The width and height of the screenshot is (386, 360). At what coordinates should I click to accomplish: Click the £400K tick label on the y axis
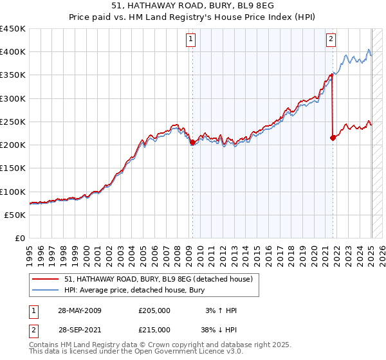12,52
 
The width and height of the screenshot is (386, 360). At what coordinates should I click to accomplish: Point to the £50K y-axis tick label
15,215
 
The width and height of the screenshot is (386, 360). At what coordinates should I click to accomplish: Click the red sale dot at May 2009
192,143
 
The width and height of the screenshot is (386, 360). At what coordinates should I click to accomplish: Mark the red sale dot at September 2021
333,138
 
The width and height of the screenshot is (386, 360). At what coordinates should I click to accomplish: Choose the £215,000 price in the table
154,329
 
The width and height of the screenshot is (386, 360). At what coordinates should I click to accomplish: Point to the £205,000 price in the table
154,310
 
